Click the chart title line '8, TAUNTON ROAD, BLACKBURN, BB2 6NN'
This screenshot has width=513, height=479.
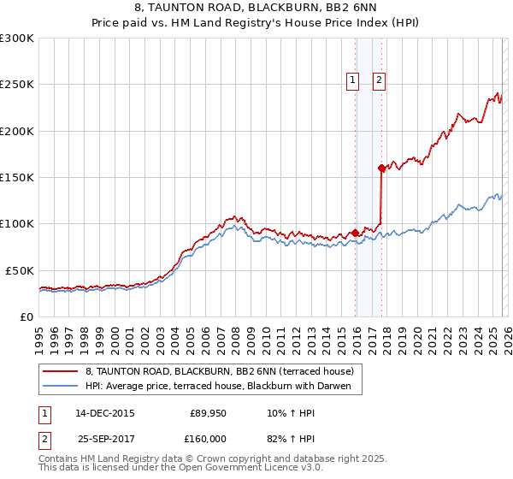(256, 8)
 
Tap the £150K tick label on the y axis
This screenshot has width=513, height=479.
(17, 178)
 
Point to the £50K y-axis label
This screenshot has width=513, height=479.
(20, 270)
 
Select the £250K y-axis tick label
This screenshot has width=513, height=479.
(17, 85)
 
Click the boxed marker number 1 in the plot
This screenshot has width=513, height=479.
(352, 80)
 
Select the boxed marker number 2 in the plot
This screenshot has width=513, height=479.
(379, 80)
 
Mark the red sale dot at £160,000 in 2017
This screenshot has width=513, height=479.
(381, 169)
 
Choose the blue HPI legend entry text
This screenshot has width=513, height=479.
(223, 387)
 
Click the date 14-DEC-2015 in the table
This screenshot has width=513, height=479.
(105, 412)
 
